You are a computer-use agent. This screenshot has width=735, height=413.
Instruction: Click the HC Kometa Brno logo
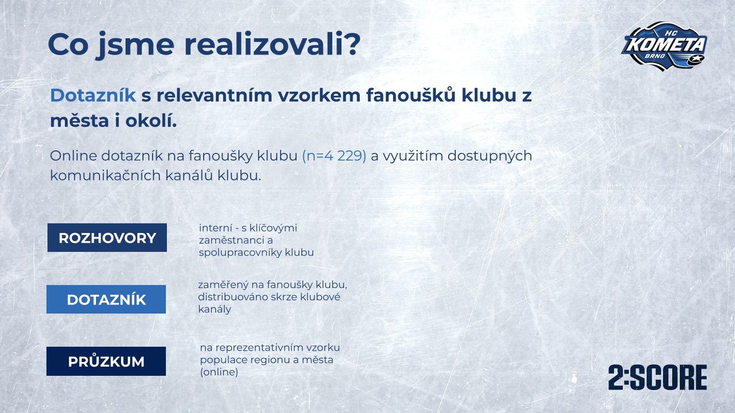pyautogui.click(x=665, y=46)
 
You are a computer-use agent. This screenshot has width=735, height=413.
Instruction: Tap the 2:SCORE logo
pyautogui.click(x=657, y=378)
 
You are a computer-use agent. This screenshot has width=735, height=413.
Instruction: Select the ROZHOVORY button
pyautogui.click(x=107, y=238)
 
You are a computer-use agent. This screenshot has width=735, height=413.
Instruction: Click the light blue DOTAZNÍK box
pyautogui.click(x=106, y=299)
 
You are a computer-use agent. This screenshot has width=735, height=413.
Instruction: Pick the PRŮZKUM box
pyautogui.click(x=106, y=361)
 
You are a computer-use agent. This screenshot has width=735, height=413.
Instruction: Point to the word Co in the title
pyautogui.click(x=68, y=44)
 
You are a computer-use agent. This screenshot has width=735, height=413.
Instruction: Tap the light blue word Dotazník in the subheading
pyautogui.click(x=93, y=96)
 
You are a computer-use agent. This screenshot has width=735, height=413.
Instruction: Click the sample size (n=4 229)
pyautogui.click(x=334, y=157)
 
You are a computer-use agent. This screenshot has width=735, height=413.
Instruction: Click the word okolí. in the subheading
pyautogui.click(x=151, y=121)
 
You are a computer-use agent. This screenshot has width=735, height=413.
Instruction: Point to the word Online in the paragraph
pyautogui.click(x=73, y=156)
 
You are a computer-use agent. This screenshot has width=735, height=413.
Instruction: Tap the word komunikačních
pyautogui.click(x=105, y=176)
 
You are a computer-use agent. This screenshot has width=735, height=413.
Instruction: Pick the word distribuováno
pyautogui.click(x=231, y=297)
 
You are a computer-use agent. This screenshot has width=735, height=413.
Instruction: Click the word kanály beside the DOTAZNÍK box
pyautogui.click(x=214, y=309)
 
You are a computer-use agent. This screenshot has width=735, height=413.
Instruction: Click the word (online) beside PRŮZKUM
pyautogui.click(x=219, y=372)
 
